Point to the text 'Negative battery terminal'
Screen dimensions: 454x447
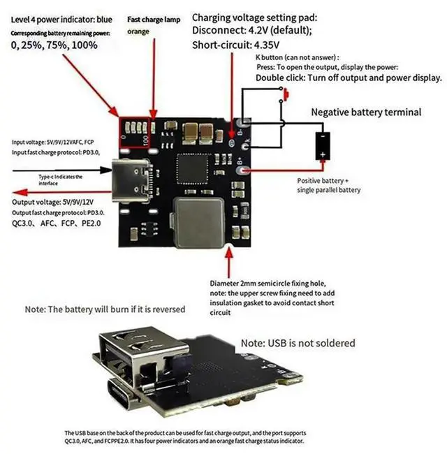pos(366,112)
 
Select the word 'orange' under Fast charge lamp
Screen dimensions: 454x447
pos(138,31)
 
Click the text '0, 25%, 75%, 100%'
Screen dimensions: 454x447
pos(54,45)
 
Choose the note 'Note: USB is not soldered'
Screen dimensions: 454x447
pos(298,343)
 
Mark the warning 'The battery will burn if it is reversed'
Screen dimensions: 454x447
pos(105,309)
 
